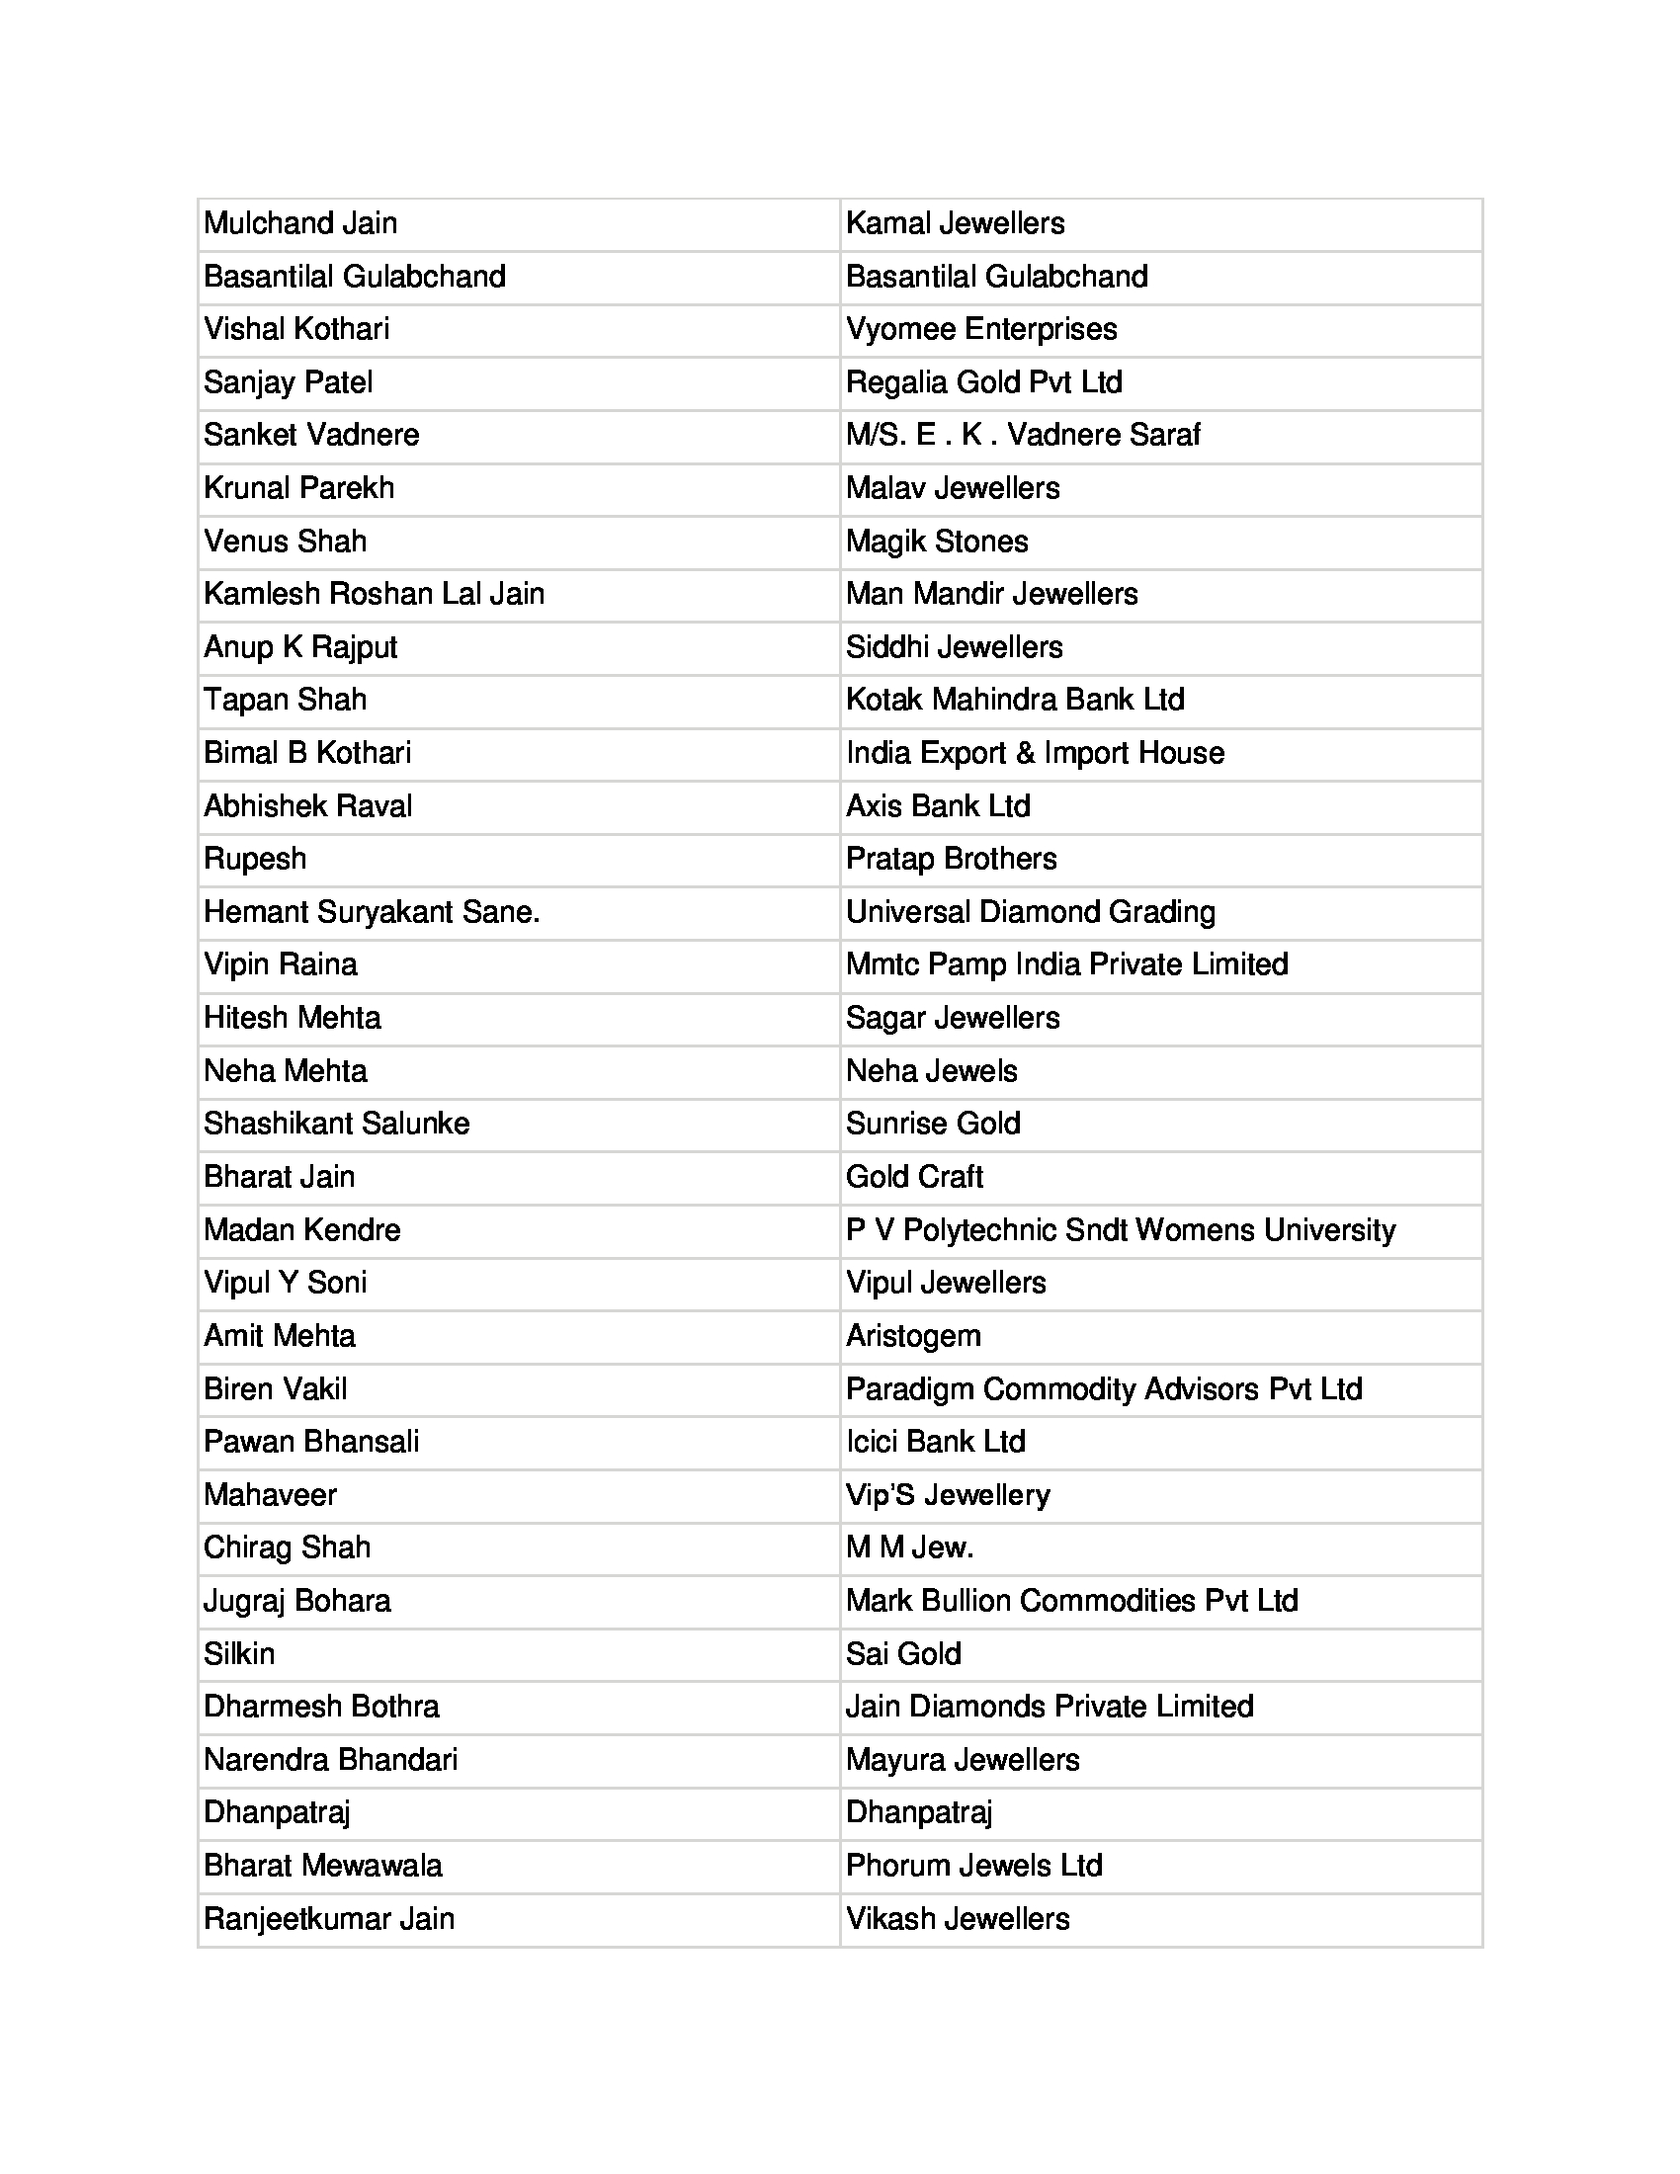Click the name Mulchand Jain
299,223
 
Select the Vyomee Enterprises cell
981,329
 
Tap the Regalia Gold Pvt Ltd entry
983,382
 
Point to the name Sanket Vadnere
311,435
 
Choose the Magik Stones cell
937,542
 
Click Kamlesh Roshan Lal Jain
374,594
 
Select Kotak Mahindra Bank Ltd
1015,700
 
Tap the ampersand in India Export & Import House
1025,753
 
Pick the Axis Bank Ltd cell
938,806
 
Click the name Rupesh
255,859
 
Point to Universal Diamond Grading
1030,912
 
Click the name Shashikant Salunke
336,1124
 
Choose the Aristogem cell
913,1336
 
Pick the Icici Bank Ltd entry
936,1443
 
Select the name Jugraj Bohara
296,1601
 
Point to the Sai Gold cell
902,1654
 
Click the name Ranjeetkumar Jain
328,1919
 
